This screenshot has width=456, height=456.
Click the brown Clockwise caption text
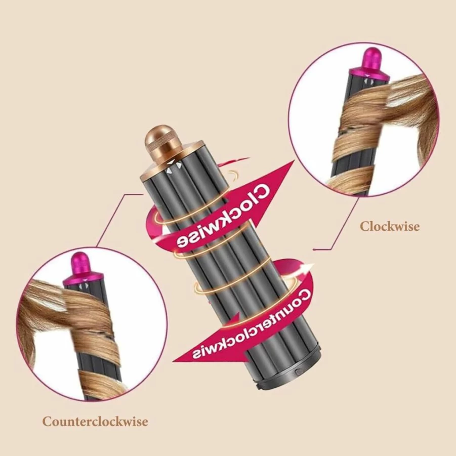(x=390, y=226)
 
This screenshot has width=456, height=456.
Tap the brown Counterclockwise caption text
(x=95, y=422)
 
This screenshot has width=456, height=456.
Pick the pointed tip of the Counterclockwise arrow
(x=173, y=361)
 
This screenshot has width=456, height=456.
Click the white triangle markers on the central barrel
(x=174, y=167)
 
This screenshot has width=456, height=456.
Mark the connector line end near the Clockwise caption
(x=313, y=250)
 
